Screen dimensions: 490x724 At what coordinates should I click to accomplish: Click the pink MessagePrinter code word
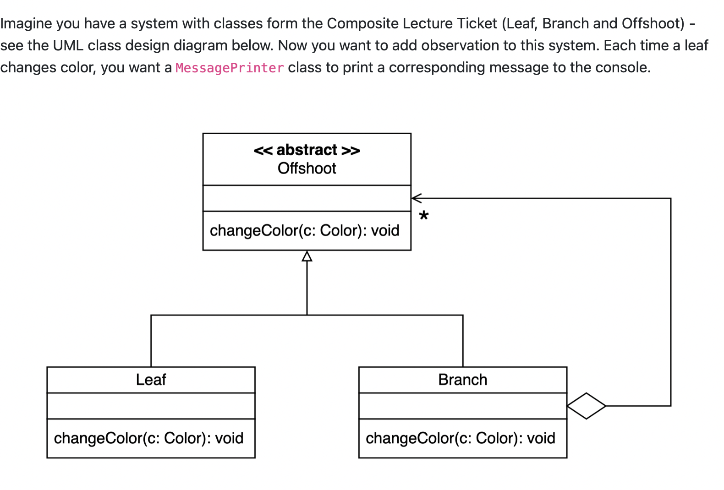click(230, 68)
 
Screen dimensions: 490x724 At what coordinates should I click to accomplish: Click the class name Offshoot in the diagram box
click(307, 169)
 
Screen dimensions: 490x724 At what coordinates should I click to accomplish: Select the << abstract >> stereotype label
click(307, 150)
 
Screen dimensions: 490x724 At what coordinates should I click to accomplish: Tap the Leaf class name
click(151, 380)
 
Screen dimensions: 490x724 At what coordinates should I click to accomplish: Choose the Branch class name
click(462, 380)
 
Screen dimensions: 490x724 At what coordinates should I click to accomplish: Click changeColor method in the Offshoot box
click(304, 230)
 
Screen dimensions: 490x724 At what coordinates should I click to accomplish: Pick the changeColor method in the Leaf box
click(148, 438)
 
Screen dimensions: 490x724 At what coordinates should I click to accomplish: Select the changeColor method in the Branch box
click(460, 438)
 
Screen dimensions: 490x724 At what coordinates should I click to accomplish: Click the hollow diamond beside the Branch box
click(586, 406)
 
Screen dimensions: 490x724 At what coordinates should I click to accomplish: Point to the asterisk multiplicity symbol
click(424, 216)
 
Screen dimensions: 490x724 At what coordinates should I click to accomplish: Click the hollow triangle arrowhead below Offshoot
click(307, 256)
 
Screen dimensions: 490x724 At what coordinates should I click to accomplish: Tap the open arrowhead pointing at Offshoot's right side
click(416, 198)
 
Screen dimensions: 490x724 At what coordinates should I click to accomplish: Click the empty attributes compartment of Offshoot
click(307, 198)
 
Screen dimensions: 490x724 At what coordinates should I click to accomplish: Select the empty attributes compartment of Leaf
click(151, 406)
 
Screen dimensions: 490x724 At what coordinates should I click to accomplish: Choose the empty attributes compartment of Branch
click(462, 406)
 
